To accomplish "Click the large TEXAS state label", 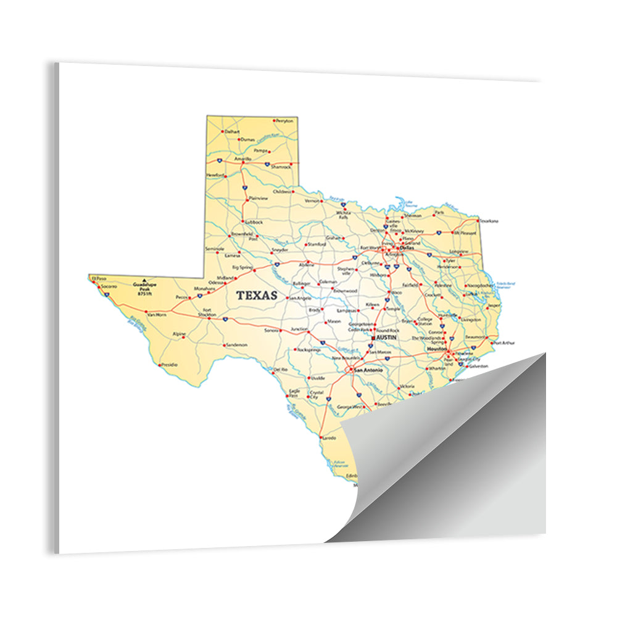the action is [257, 296].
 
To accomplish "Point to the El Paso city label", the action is [99, 278].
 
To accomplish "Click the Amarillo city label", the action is [242, 159].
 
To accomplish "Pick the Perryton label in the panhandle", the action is [284, 121].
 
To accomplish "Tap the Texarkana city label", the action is [488, 221].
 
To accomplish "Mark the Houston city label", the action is [436, 350].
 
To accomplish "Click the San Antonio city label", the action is [368, 370].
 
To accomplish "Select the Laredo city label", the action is [329, 438].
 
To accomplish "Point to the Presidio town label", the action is [169, 365].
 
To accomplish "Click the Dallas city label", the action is [407, 248].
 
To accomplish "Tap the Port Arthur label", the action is [503, 342].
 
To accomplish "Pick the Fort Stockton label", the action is [207, 312].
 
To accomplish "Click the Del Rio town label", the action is [280, 370].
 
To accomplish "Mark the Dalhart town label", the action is [232, 131].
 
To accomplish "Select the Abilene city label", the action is [307, 265].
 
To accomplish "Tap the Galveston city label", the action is [478, 366].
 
